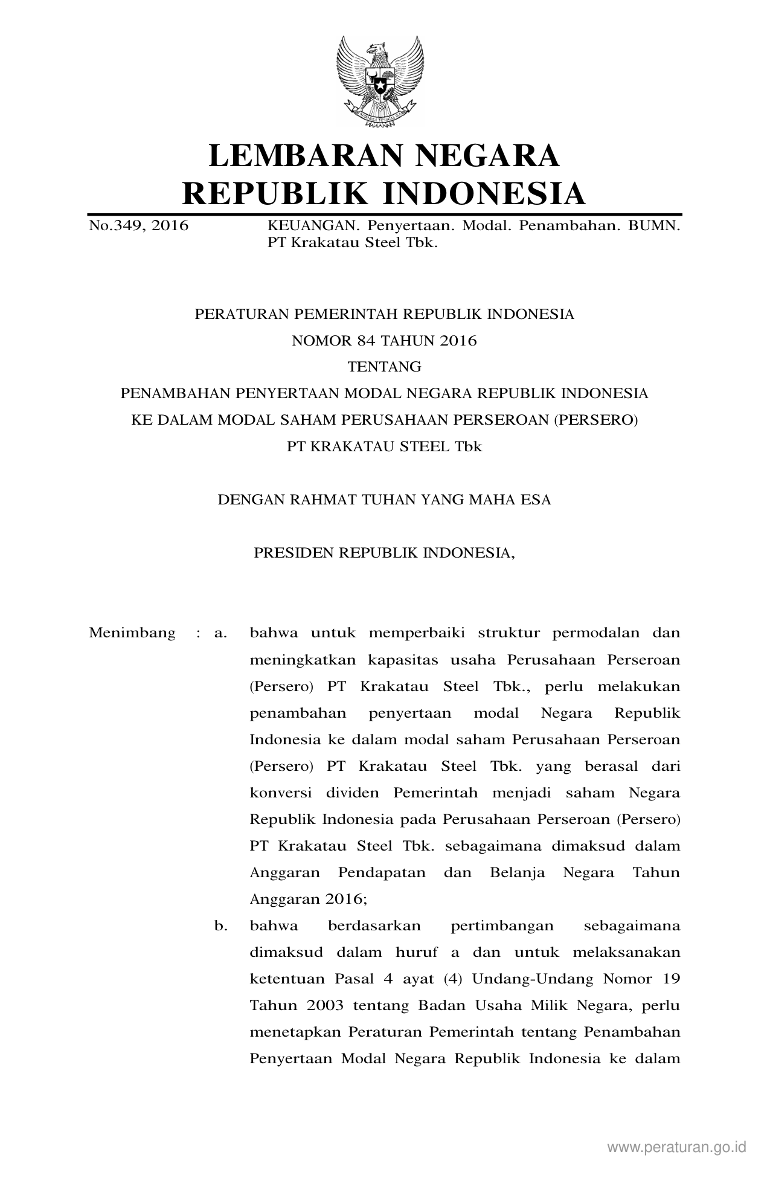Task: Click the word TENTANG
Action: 384,367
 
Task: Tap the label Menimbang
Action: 132,633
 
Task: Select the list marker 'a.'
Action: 220,633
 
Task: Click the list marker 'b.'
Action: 220,925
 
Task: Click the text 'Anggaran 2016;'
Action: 309,899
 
